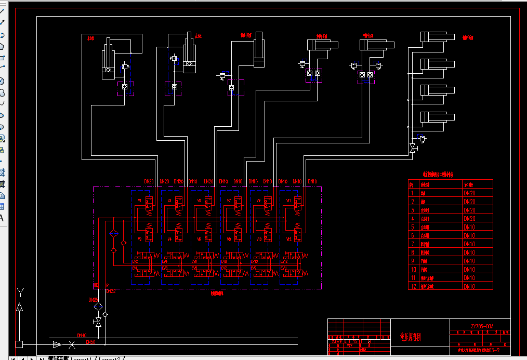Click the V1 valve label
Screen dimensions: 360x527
click(x=139, y=201)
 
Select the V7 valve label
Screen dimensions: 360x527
click(x=229, y=201)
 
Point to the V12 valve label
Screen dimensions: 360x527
click(x=289, y=239)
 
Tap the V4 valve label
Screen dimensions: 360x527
click(x=169, y=239)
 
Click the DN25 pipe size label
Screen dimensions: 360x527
click(x=93, y=300)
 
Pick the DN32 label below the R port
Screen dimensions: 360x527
click(x=111, y=291)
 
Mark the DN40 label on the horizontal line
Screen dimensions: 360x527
click(x=82, y=336)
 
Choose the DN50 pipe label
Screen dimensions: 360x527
click(x=90, y=342)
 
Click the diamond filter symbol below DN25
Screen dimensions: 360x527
click(x=98, y=307)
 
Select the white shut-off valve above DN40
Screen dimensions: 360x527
click(x=97, y=323)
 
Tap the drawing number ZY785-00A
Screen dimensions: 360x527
click(x=482, y=327)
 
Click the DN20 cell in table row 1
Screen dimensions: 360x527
click(x=469, y=193)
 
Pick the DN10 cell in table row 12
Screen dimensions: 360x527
click(x=469, y=286)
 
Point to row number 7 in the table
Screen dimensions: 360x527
click(x=412, y=244)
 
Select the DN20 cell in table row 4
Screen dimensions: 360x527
click(x=469, y=219)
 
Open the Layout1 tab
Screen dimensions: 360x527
click(x=81, y=358)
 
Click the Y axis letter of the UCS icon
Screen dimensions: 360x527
click(x=20, y=292)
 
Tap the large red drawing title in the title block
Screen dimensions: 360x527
click(x=411, y=337)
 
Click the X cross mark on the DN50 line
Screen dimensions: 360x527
click(x=72, y=344)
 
